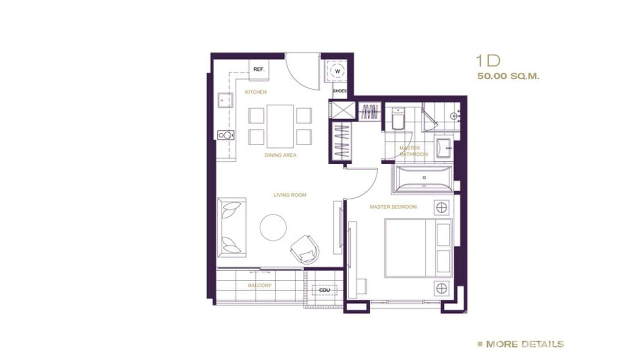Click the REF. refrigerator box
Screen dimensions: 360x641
tap(258, 69)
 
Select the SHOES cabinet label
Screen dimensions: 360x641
tap(340, 91)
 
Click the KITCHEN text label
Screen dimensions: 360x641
tap(256, 92)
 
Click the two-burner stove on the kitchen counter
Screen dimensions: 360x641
tap(224, 135)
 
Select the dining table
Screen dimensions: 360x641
tap(280, 126)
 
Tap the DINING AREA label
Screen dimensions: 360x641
tap(280, 155)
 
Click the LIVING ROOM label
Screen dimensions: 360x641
tap(289, 195)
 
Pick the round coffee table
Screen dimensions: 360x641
tap(273, 227)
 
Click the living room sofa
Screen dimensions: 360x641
tap(232, 227)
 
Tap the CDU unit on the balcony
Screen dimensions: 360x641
tap(324, 289)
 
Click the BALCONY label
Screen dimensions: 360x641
tap(259, 285)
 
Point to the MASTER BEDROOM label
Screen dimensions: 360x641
tap(393, 207)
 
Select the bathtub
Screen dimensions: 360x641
tap(422, 179)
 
